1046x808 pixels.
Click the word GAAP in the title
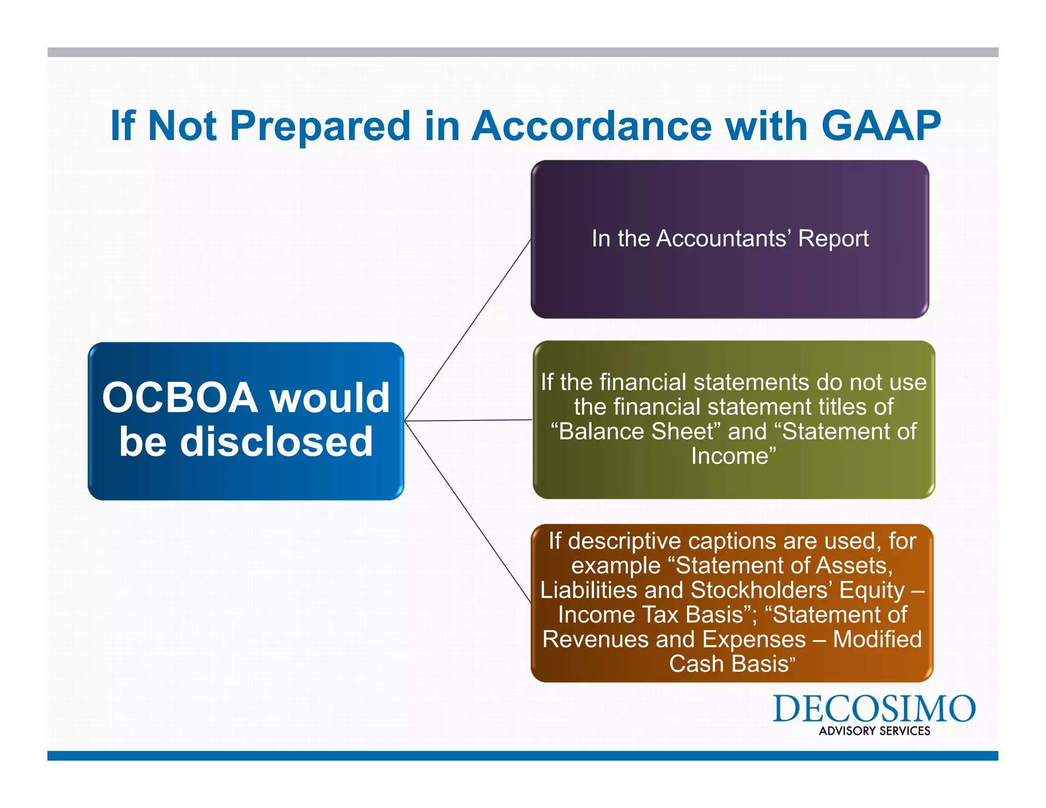click(881, 126)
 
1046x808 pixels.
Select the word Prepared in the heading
click(320, 127)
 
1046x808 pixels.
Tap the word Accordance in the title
click(591, 126)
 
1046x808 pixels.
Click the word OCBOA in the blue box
click(180, 398)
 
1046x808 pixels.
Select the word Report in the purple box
click(833, 239)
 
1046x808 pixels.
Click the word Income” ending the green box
click(733, 456)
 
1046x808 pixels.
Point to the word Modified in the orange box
click(877, 639)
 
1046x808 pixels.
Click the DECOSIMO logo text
click(873, 709)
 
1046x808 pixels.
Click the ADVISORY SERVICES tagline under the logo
click(874, 731)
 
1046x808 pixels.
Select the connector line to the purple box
click(467, 330)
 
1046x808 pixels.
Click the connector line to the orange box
click(467, 511)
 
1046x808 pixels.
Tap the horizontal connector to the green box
click(467, 420)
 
